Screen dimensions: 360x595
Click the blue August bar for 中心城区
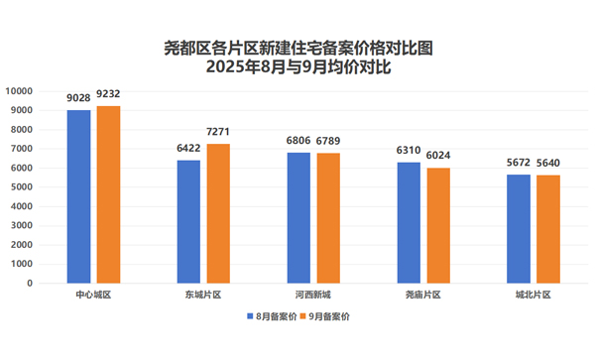[x=79, y=196]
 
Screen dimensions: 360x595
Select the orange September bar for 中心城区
[x=107, y=194]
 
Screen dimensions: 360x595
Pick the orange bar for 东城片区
[x=217, y=213]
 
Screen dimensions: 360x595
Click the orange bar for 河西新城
[x=327, y=218]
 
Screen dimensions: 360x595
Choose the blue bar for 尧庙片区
[x=409, y=222]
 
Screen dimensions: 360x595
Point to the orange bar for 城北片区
[x=546, y=229]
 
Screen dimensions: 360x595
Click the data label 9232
[x=107, y=95]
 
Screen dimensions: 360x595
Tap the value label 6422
[x=188, y=149]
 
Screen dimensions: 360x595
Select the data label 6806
[x=298, y=142]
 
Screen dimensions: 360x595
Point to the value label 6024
[x=437, y=157]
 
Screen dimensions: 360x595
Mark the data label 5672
[x=518, y=164]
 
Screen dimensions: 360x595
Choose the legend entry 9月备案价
[x=328, y=316]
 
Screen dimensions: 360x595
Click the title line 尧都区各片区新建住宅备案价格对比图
[x=297, y=48]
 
